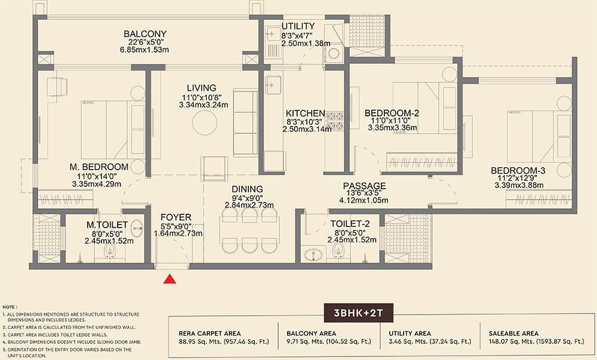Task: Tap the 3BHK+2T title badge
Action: pos(358,313)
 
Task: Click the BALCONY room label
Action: pos(145,34)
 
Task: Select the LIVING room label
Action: pos(201,88)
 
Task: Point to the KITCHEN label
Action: pos(305,113)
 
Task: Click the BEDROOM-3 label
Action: pos(518,171)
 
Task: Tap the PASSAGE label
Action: pos(364,186)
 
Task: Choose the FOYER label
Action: pos(176,217)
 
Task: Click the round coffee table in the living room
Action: pos(205,122)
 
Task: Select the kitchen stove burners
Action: pos(335,121)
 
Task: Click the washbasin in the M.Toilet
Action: pos(137,228)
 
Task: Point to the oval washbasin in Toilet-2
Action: pos(313,254)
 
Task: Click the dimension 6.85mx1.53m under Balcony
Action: pos(144,50)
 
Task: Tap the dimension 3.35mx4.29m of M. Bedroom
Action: pos(97,184)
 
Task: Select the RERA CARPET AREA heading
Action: pos(210,333)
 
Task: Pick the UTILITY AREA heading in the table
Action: pos(410,333)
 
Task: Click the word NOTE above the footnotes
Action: pos(10,307)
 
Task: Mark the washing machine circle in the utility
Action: pos(334,53)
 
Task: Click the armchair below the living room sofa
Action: pos(214,168)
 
